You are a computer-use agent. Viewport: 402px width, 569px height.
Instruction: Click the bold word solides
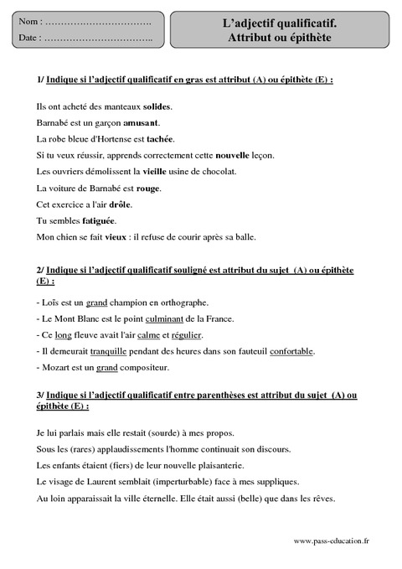click(157, 107)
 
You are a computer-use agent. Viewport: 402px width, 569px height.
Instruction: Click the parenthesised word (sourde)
click(176, 433)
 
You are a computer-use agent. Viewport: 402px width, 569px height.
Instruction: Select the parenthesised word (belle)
click(231, 498)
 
